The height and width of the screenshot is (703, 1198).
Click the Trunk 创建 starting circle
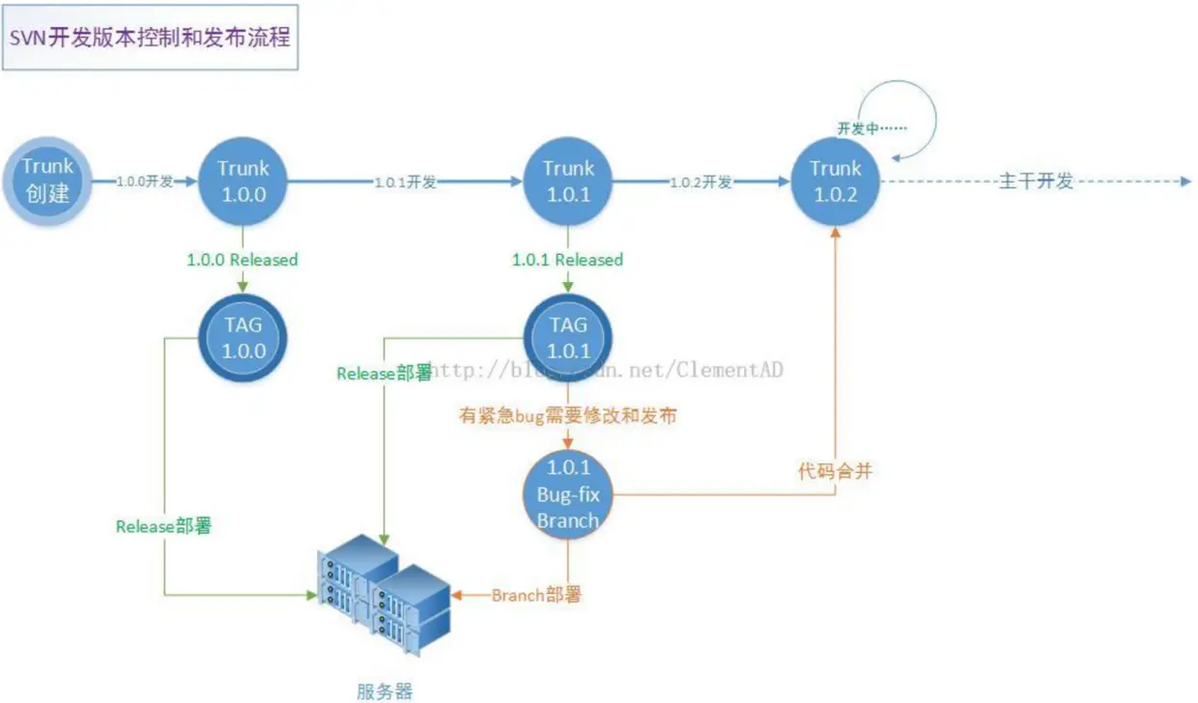[x=48, y=181]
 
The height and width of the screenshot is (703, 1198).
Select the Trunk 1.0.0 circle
[x=242, y=181]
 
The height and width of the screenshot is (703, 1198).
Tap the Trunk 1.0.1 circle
[x=567, y=181]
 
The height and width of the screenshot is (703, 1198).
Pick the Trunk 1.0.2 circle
[x=834, y=181]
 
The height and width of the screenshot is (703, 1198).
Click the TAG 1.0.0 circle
[x=242, y=337]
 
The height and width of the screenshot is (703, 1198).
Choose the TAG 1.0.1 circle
[x=567, y=337]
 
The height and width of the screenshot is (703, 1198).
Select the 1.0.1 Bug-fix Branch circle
[x=567, y=494]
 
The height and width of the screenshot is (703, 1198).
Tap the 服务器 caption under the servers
[x=384, y=689]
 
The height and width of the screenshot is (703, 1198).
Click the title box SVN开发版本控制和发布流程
[x=150, y=41]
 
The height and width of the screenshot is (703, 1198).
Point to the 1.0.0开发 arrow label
[x=145, y=182]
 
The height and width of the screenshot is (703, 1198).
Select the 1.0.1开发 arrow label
[x=406, y=182]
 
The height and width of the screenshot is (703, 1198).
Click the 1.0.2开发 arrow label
[x=700, y=182]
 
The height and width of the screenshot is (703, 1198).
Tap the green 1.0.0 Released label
[x=242, y=260]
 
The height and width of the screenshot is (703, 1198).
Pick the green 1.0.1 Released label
[x=567, y=260]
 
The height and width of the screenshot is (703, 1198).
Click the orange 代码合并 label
[x=835, y=472]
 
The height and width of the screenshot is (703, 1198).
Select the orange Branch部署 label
[x=536, y=595]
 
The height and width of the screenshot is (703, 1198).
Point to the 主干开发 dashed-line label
[x=1036, y=182]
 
